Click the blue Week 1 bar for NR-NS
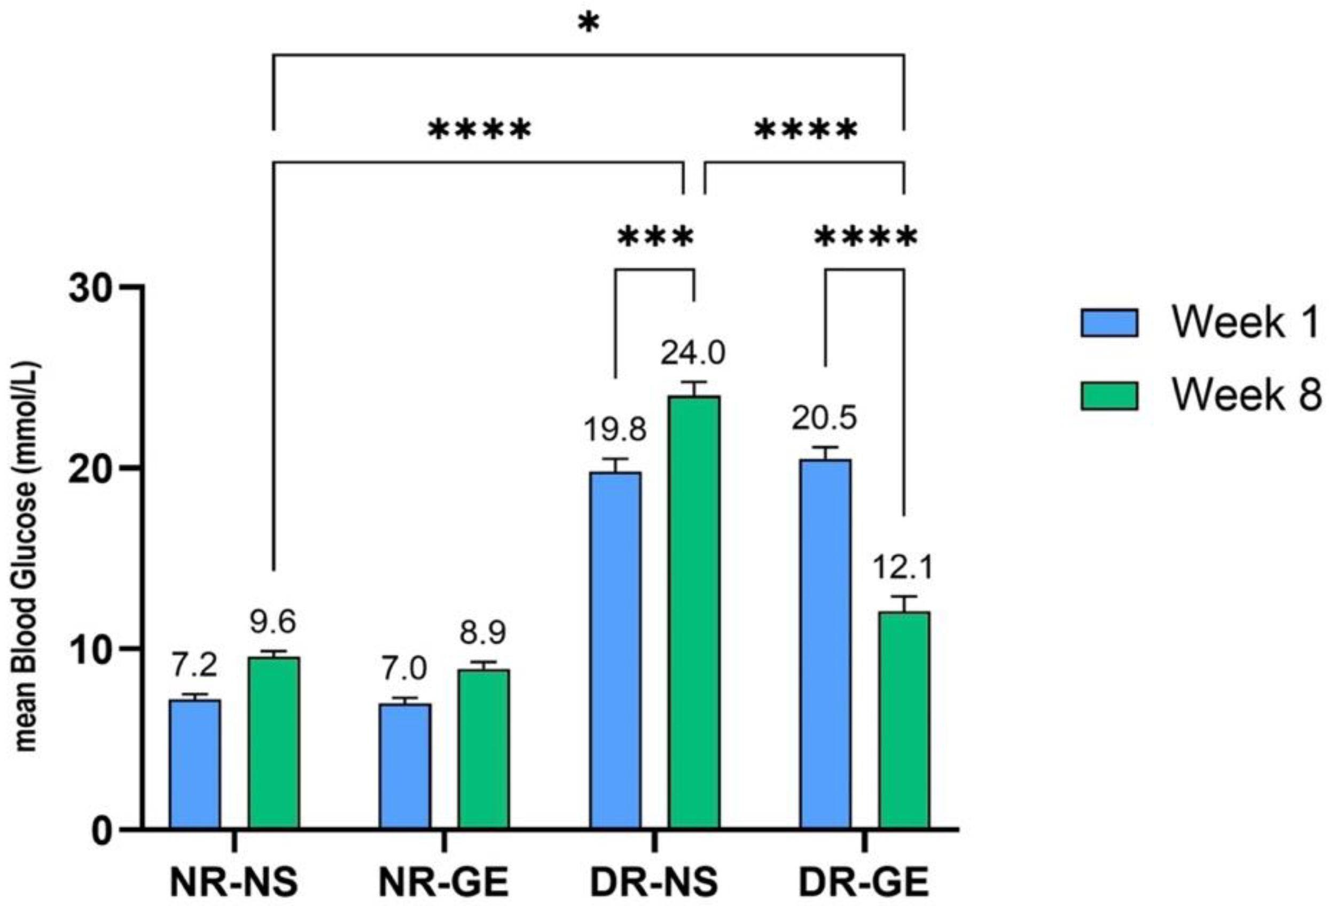[195, 764]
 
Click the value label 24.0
[693, 353]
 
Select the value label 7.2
[195, 665]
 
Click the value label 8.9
[483, 632]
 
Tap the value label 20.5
[824, 418]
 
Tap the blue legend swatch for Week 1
[1109, 323]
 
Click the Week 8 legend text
[1247, 395]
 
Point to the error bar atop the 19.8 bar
[615, 464]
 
